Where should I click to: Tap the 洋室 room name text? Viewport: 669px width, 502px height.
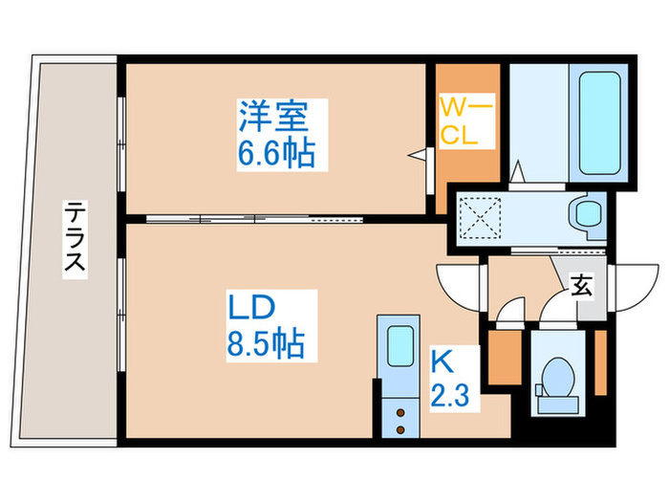click(273, 119)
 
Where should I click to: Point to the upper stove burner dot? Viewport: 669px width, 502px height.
click(401, 412)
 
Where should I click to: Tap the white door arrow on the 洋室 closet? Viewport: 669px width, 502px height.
click(417, 153)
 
